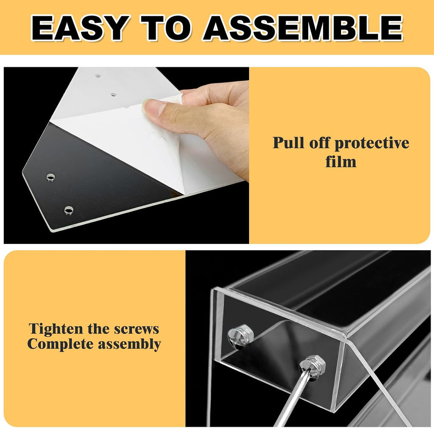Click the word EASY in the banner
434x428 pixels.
click(x=80, y=28)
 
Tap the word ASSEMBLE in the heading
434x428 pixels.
click(x=303, y=28)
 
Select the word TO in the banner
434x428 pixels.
click(x=166, y=28)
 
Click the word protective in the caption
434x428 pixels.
click(x=372, y=144)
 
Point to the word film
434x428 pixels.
click(x=341, y=162)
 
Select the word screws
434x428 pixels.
click(x=136, y=329)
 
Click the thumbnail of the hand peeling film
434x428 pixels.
click(x=126, y=155)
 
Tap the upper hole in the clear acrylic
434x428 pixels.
click(x=51, y=177)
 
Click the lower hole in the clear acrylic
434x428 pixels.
click(x=69, y=210)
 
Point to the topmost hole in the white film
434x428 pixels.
click(x=98, y=76)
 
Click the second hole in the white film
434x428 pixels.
click(x=114, y=94)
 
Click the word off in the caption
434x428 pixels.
click(x=319, y=143)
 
